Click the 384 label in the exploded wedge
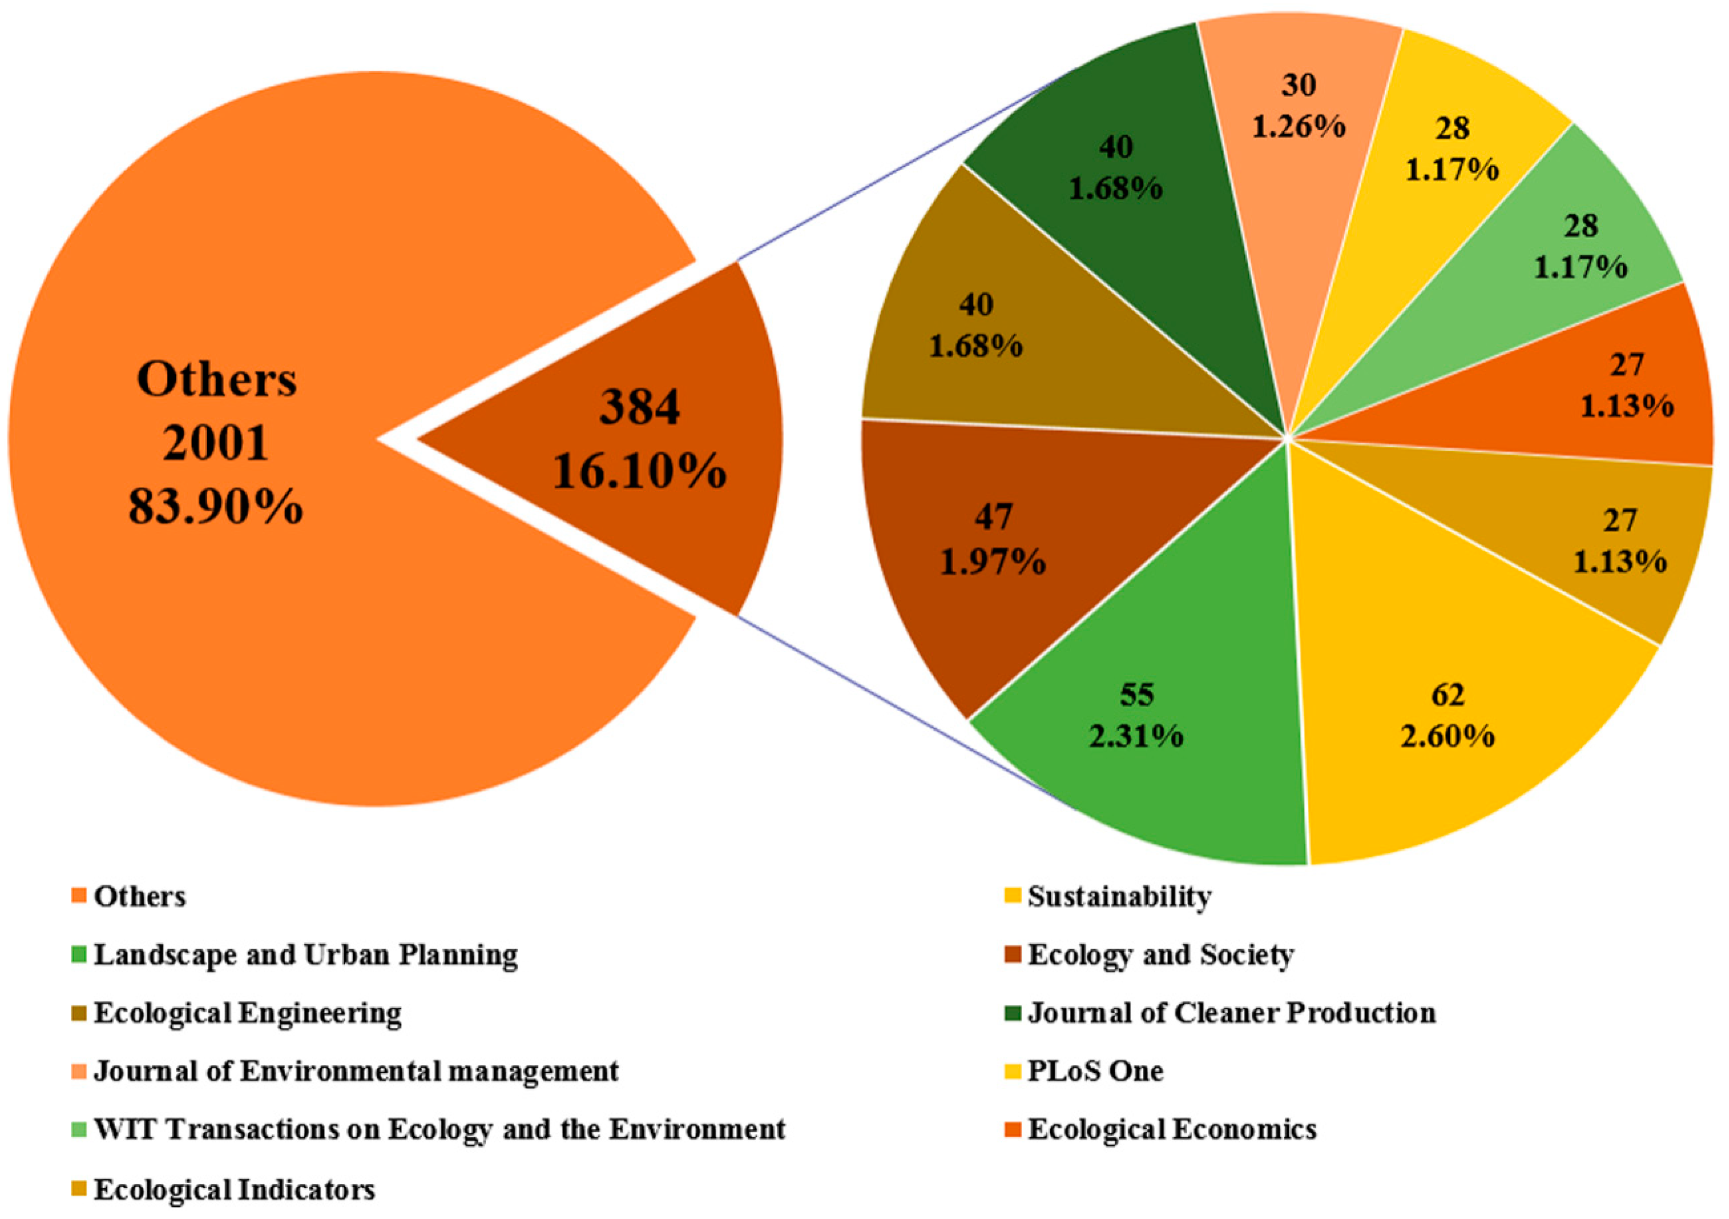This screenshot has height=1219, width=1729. click(x=639, y=408)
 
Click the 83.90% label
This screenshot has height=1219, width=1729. click(x=216, y=506)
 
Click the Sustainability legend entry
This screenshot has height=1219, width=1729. click(x=1119, y=897)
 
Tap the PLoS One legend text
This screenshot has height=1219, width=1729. click(x=1095, y=1071)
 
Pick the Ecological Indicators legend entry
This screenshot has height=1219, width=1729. click(x=234, y=1190)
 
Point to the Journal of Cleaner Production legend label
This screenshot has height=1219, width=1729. click(x=1231, y=1013)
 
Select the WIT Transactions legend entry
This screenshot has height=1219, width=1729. click(x=439, y=1129)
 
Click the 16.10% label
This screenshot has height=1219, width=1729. click(x=639, y=472)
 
